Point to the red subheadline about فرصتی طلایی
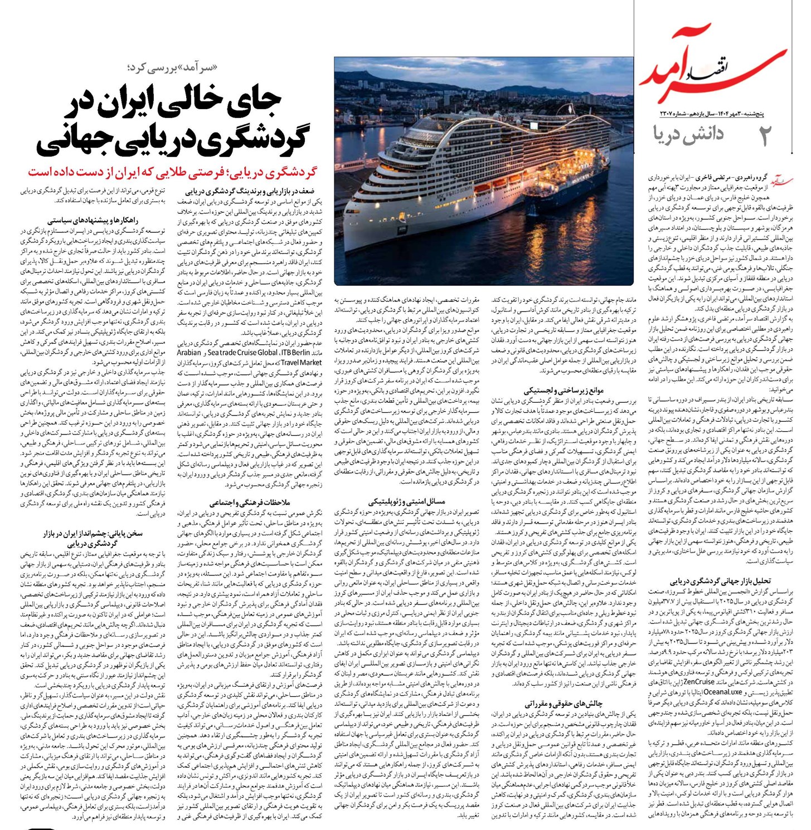pos(172,171)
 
